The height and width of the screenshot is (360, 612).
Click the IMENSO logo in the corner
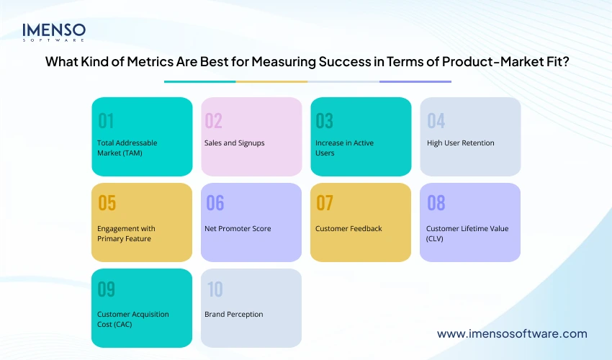click(x=54, y=32)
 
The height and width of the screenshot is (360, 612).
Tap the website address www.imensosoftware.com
click(x=512, y=333)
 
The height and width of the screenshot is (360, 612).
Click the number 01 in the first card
click(x=106, y=120)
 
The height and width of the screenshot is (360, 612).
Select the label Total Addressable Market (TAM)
click(x=127, y=148)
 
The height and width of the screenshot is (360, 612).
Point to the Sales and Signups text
click(x=234, y=143)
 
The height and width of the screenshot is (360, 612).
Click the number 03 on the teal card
click(x=325, y=120)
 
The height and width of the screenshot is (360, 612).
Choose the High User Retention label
click(x=460, y=143)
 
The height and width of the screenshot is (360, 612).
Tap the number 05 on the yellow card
click(x=107, y=204)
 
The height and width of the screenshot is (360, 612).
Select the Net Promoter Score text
click(x=238, y=228)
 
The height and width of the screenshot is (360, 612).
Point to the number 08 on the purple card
click(x=436, y=204)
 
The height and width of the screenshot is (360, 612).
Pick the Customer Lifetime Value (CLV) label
click(x=467, y=233)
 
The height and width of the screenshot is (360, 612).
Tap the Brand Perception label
click(x=233, y=314)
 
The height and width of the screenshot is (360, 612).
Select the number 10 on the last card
click(x=215, y=289)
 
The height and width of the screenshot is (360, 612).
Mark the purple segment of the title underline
click(x=415, y=81)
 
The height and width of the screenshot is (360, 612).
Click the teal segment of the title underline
click(x=199, y=81)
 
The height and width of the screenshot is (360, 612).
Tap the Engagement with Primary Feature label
click(x=126, y=233)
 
